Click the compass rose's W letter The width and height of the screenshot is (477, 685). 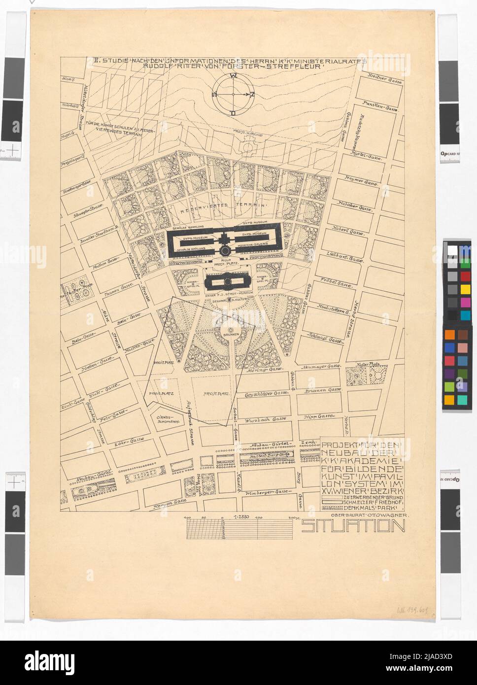coord(232,76)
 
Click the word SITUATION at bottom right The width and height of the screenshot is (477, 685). coord(353,527)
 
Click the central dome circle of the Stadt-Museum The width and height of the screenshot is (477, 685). coord(227,281)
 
